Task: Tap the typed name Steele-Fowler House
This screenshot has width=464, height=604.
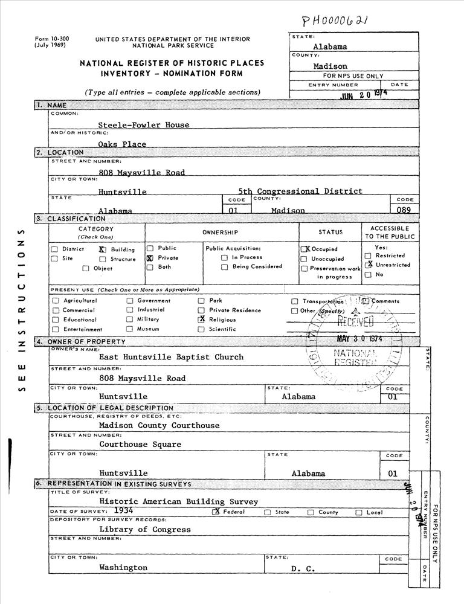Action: [144, 125]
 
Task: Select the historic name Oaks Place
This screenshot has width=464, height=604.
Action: [123, 144]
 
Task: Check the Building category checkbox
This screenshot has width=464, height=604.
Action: [102, 249]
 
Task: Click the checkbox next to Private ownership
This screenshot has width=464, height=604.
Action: [150, 258]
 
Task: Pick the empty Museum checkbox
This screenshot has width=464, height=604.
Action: [129, 329]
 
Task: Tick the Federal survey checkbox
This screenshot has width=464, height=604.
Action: [215, 512]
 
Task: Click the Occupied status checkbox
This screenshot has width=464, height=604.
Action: [304, 249]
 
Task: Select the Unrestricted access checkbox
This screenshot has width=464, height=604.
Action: [368, 265]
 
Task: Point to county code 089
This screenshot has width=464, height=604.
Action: [404, 210]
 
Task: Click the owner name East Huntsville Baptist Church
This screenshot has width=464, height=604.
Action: [171, 357]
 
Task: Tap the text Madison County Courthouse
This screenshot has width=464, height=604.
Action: [159, 425]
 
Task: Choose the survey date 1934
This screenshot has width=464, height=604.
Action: [131, 511]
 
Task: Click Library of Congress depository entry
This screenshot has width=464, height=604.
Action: [145, 530]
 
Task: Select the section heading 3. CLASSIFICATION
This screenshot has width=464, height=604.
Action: [71, 219]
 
